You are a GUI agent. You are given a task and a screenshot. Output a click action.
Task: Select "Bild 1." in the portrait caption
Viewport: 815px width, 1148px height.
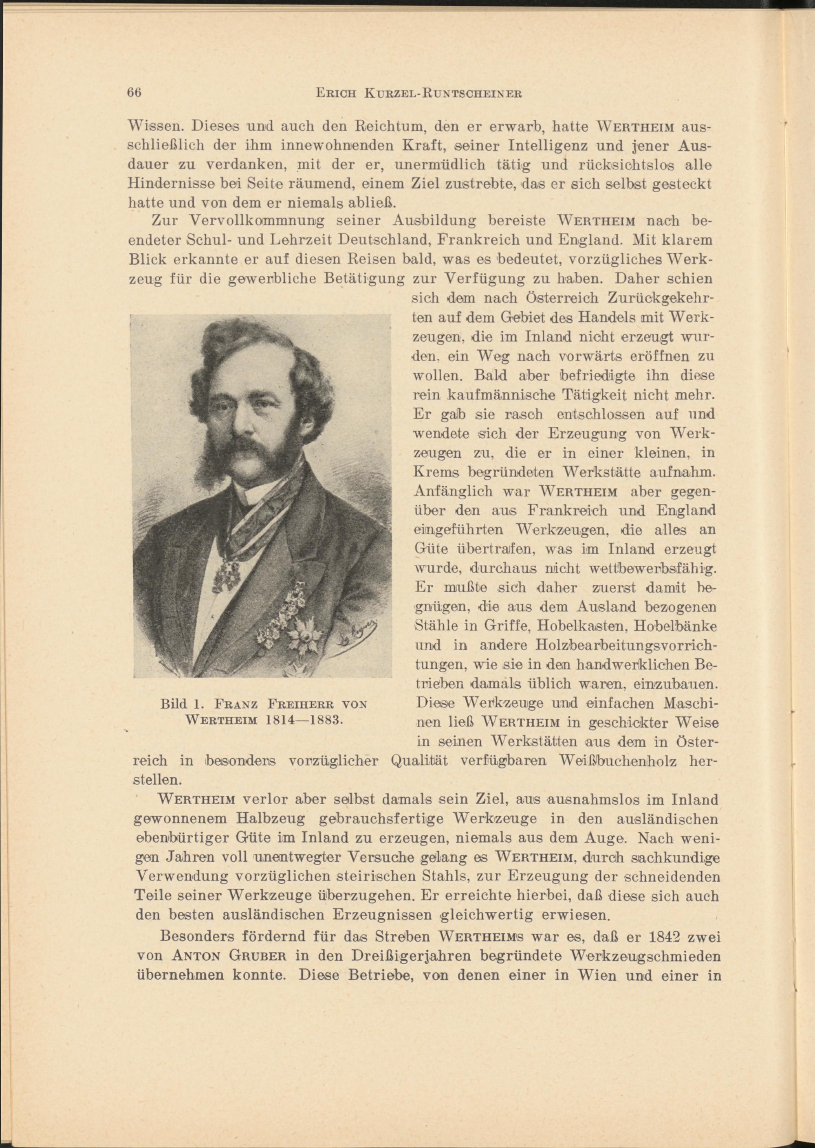181,704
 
